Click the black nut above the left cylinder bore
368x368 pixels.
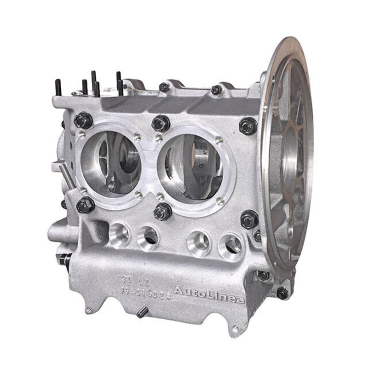tap(83, 121)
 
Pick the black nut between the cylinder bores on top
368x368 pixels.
tap(161, 123)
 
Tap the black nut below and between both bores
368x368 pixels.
tap(162, 211)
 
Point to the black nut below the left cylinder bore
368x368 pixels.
tap(85, 205)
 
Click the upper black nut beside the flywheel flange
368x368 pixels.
tap(248, 126)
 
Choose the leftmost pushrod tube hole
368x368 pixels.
tap(119, 234)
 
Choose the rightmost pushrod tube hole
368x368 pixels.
tap(231, 246)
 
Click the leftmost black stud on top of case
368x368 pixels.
tap(58, 87)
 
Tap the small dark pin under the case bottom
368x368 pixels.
tap(142, 312)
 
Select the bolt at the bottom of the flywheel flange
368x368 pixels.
tap(282, 293)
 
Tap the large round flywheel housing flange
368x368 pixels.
tap(287, 156)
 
